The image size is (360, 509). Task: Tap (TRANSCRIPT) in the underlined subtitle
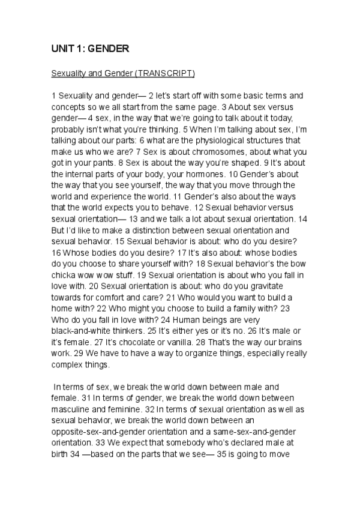166,73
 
